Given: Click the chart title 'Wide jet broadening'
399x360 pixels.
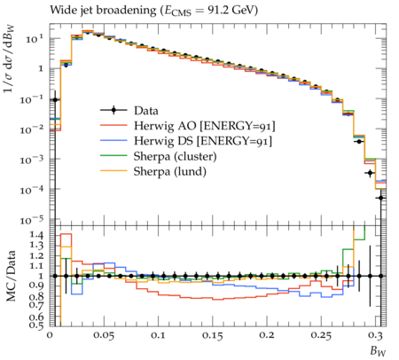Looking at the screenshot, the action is [x=103, y=11].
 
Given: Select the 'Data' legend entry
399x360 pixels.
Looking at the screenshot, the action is [x=146, y=111].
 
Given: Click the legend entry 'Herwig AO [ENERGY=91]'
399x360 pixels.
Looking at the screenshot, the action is [x=204, y=126].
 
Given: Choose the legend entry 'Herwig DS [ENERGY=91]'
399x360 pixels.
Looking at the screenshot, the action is [x=203, y=141].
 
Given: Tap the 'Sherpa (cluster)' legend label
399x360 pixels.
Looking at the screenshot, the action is [x=175, y=156].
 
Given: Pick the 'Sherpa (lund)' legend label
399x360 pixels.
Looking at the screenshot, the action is [x=170, y=171].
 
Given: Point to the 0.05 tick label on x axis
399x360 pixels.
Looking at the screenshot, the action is [x=104, y=335].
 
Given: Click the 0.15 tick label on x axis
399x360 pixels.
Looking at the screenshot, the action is [x=213, y=335].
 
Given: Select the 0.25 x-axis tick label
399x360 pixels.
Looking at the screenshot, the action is [x=321, y=335].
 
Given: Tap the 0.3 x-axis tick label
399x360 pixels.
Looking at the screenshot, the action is [x=375, y=335].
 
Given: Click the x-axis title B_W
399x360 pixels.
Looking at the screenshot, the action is [x=378, y=351].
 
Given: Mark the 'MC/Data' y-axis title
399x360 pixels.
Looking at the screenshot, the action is [x=11, y=276].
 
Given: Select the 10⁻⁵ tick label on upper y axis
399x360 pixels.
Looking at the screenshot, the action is [x=32, y=220].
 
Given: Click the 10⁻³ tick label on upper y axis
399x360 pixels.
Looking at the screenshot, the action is [x=32, y=160].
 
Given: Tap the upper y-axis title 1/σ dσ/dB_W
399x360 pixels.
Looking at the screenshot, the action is [x=10, y=59].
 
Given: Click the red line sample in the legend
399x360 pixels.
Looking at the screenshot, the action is [x=113, y=125].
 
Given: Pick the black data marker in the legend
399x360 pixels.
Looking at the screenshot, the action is [x=113, y=110].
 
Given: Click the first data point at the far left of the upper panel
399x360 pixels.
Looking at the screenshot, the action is [x=55, y=100].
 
